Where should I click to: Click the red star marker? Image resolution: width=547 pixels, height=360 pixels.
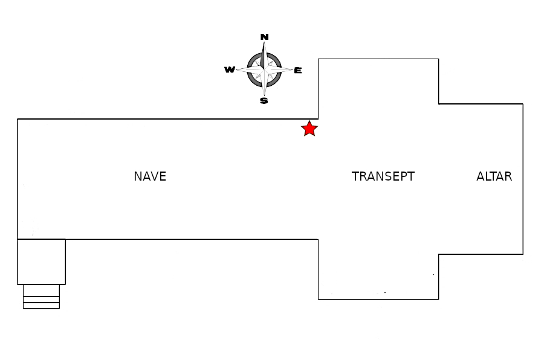(309, 129)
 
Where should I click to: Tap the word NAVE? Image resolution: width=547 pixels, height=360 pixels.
(150, 176)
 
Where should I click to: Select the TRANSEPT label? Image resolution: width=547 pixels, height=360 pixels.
(383, 176)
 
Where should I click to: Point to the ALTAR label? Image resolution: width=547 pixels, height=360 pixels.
(494, 176)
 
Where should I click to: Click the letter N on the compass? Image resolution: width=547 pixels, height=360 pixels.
(264, 37)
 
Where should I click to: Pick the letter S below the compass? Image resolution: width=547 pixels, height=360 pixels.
(264, 101)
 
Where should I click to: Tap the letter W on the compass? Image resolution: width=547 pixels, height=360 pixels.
(230, 69)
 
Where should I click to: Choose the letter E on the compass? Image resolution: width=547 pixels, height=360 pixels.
(297, 71)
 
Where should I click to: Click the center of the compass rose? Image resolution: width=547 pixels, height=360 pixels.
(264, 69)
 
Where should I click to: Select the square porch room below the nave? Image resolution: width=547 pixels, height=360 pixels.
(42, 262)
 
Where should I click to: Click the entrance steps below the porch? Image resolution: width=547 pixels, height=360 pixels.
(42, 297)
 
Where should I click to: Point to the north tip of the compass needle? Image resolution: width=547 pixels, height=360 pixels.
(264, 42)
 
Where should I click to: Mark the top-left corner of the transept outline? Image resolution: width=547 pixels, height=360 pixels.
(318, 59)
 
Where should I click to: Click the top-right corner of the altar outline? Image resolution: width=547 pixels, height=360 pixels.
(523, 104)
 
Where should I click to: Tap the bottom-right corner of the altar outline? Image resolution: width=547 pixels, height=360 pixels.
(523, 254)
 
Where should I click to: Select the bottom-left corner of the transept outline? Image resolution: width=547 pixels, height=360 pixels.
(318, 299)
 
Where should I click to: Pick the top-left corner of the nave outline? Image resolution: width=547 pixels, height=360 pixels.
(18, 119)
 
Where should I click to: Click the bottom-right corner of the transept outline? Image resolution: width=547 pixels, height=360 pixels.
(439, 299)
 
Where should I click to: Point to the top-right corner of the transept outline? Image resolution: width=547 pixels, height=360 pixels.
(439, 59)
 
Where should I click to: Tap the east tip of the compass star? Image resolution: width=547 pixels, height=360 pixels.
(293, 69)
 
